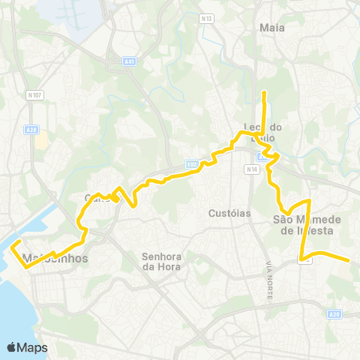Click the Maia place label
[271, 28]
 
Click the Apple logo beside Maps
[12, 347]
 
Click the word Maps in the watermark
[33, 347]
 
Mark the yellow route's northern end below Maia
[264, 92]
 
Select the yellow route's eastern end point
[349, 260]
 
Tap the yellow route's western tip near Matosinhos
[11, 244]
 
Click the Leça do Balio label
[262, 133]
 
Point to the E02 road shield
[191, 163]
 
